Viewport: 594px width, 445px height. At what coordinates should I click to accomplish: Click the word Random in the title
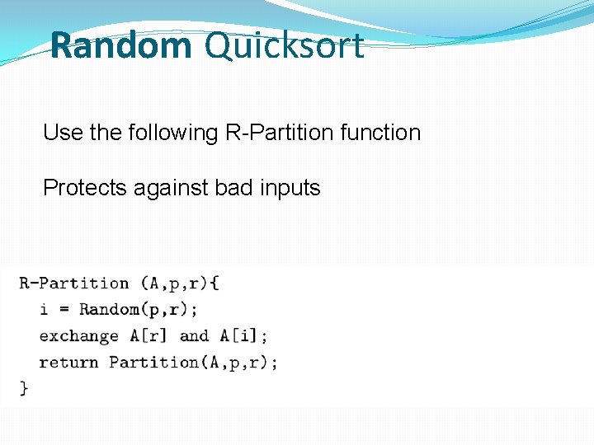[120, 45]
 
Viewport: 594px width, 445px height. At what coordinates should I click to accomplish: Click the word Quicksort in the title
[284, 45]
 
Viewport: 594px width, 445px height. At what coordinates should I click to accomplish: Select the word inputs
[290, 188]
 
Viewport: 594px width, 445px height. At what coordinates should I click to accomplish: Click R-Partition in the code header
[74, 283]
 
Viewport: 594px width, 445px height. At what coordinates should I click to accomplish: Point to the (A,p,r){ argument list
[179, 283]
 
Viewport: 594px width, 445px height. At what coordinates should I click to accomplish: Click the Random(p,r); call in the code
[139, 310]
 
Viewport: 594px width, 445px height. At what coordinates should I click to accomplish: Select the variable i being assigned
[44, 310]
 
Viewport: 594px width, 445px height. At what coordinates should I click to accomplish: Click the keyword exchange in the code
[79, 336]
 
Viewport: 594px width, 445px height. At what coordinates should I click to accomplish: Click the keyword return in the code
[69, 362]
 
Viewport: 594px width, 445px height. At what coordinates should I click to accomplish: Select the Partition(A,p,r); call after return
[193, 362]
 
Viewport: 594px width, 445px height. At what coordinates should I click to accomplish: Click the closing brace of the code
[24, 387]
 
